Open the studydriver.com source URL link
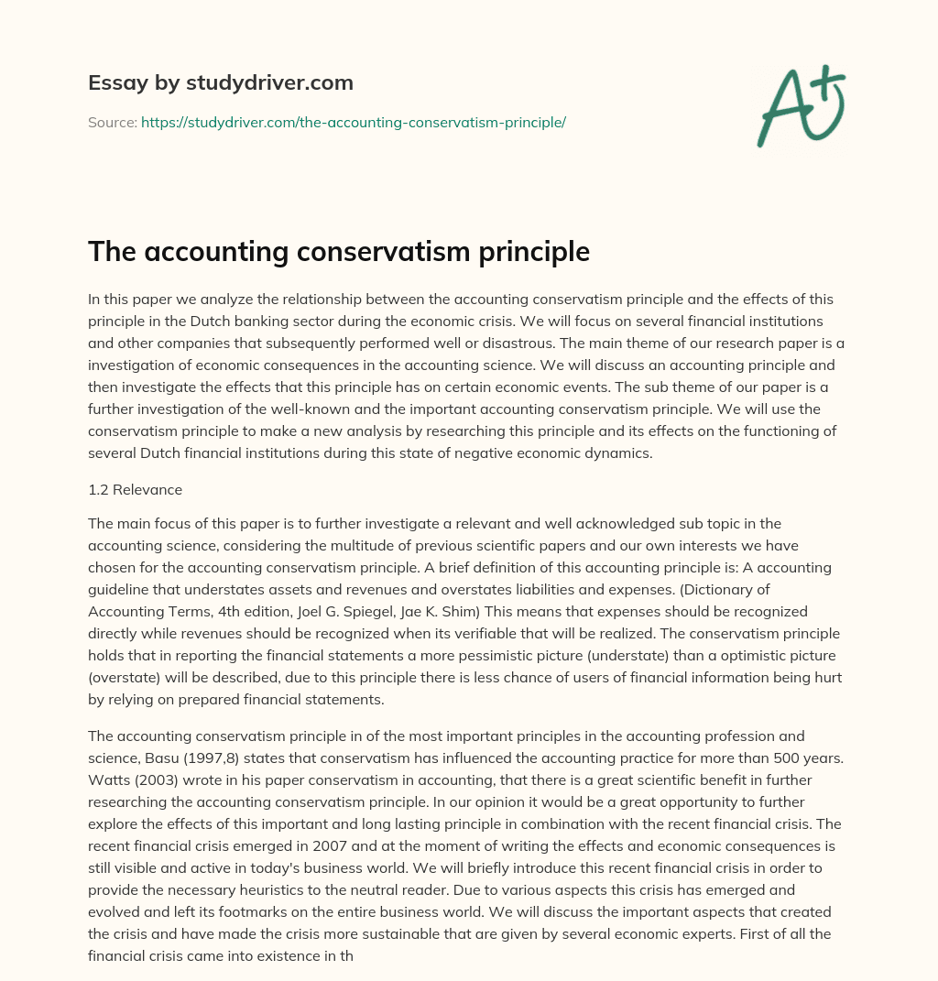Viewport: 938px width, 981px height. click(353, 122)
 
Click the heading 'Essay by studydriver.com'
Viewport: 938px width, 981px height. click(220, 82)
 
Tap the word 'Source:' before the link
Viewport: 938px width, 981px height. click(112, 122)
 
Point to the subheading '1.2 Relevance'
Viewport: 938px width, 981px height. click(135, 489)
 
